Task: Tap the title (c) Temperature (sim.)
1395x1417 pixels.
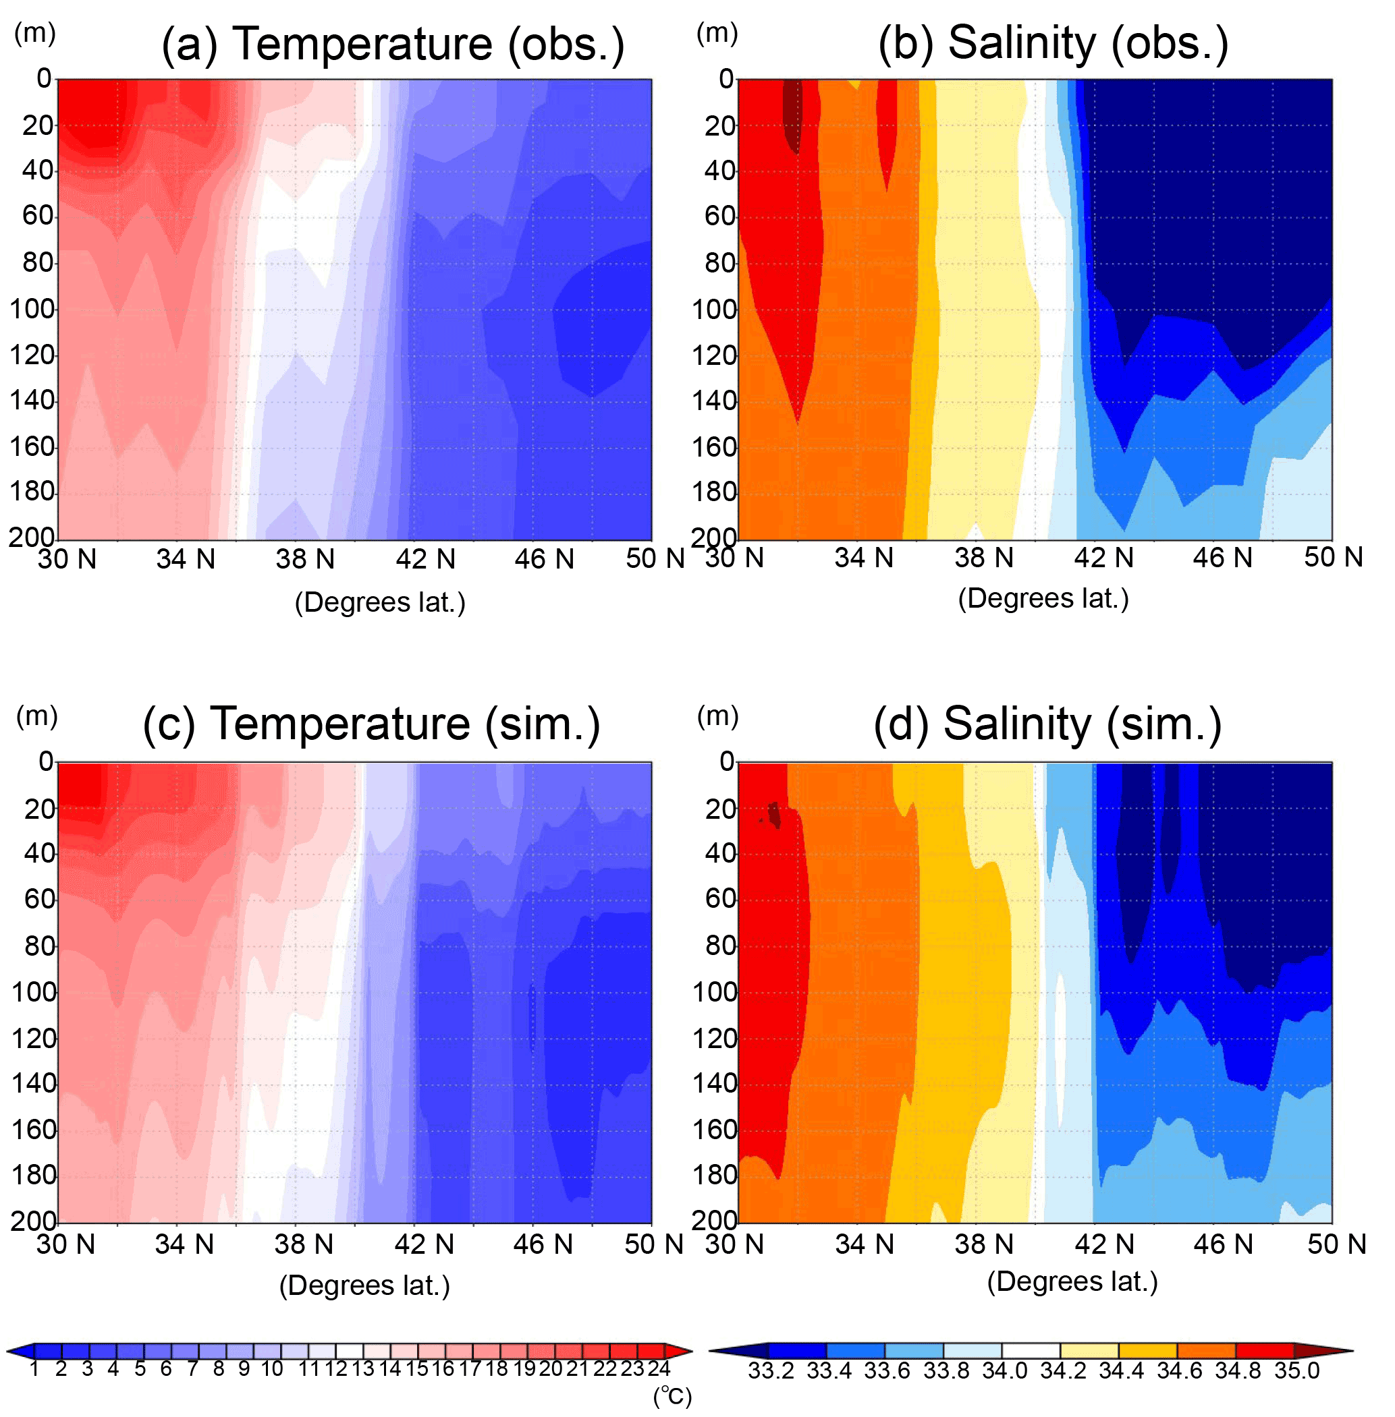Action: [371, 725]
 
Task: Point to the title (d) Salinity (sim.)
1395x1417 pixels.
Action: [1047, 725]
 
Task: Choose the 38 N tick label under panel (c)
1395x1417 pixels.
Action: [303, 1244]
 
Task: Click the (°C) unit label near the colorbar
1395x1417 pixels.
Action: [673, 1397]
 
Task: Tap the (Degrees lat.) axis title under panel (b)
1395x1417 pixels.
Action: [1043, 599]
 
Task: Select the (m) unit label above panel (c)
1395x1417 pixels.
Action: [36, 716]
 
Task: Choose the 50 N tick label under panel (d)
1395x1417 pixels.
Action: [1336, 1244]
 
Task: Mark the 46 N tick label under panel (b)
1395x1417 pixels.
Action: [1223, 558]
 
